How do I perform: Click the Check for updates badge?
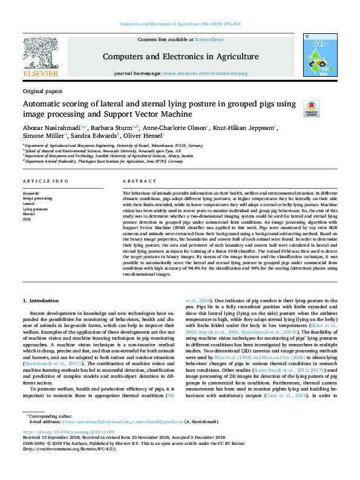pyautogui.click(x=312, y=109)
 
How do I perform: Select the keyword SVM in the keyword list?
pyautogui.click(x=27, y=218)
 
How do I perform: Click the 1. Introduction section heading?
pyautogui.click(x=41, y=300)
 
